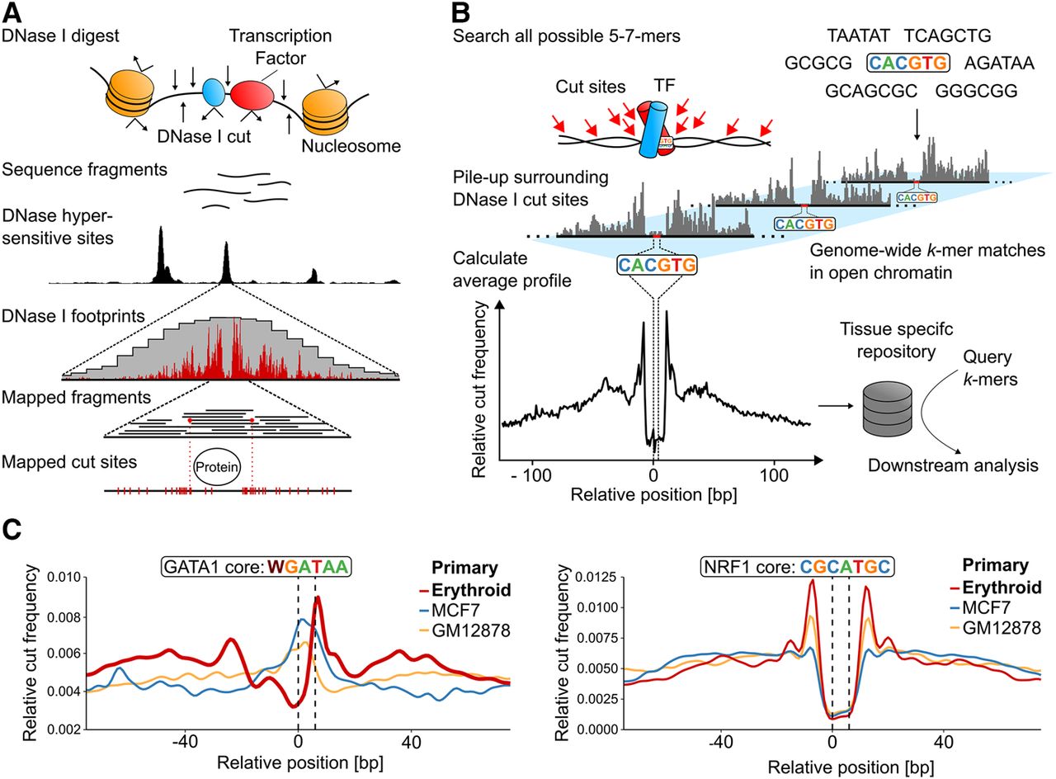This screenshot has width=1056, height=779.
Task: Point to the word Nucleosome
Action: pos(351,146)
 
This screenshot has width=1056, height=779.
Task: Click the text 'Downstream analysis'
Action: pos(952,466)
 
